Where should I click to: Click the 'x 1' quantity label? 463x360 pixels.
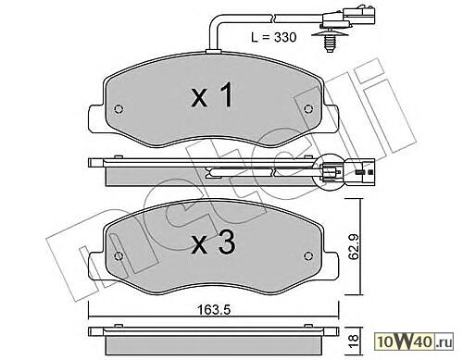[x=212, y=95]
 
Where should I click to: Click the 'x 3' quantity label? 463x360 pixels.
[x=214, y=242]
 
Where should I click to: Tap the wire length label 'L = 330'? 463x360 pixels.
[x=274, y=37]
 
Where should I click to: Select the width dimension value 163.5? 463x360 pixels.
[x=214, y=310]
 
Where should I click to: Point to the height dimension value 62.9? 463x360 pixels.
[x=354, y=247]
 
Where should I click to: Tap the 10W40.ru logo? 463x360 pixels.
[x=414, y=341]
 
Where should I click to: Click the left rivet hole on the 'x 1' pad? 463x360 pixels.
[x=119, y=109]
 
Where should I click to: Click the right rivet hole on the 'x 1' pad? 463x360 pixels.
[x=308, y=108]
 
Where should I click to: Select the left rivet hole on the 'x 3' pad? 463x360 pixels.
[x=119, y=256]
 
